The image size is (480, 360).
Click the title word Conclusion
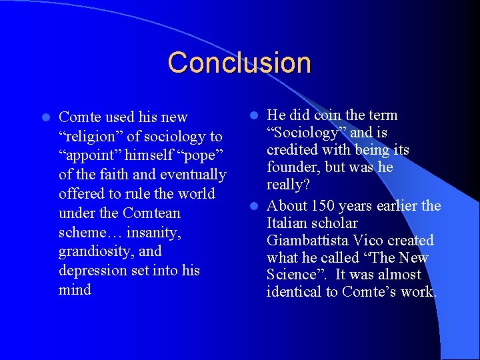click(239, 63)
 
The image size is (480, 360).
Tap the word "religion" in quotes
click(88, 137)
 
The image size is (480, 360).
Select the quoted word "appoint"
click(87, 155)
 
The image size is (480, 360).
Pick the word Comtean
click(151, 213)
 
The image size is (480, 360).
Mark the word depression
click(92, 271)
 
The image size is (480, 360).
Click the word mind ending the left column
click(75, 290)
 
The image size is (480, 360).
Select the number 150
click(324, 205)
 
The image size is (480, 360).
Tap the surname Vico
click(368, 240)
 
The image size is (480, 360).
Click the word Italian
click(287, 223)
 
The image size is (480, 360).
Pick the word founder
click(291, 167)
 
